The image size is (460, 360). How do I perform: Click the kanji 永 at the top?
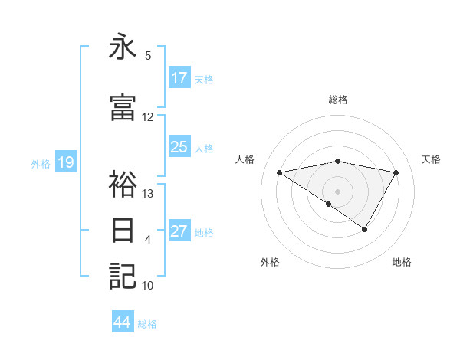coord(123,47)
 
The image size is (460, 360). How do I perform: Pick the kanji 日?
coord(123,230)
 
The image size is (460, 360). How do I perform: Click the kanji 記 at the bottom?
coord(123,276)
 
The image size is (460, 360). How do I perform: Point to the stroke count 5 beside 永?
coord(148,56)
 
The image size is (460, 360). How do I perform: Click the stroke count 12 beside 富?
coord(148,117)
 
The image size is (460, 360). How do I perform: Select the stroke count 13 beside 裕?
coord(148,193)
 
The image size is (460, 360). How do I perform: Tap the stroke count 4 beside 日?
coord(148,240)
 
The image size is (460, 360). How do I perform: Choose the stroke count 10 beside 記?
coord(148,286)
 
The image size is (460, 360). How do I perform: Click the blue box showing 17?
coord(179,78)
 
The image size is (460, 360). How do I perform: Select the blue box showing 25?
coord(179,147)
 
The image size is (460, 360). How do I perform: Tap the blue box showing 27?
coord(179,231)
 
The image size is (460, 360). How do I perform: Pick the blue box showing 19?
coord(65,162)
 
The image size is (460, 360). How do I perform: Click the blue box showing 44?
coord(123,322)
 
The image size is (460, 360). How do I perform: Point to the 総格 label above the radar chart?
coord(337,100)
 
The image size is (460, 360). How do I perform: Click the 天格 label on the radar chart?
coord(431,159)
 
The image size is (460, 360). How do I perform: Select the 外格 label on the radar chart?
coord(270,262)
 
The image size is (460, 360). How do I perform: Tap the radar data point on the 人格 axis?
coord(280,172)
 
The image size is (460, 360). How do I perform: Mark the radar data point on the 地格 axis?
coord(365,229)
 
